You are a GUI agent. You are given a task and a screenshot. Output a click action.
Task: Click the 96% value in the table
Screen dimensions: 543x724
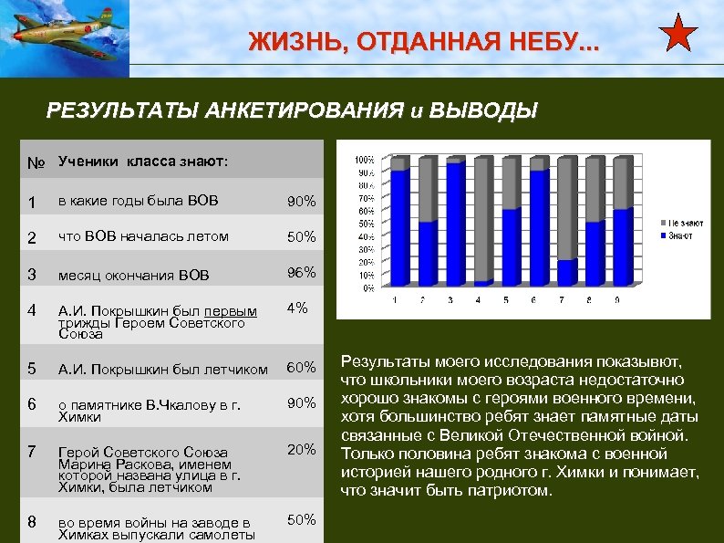pyautogui.click(x=302, y=273)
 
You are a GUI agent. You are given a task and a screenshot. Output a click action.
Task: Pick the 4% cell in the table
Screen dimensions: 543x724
pyautogui.click(x=296, y=308)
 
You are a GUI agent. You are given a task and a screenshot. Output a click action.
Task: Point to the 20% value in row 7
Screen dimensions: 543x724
pyautogui.click(x=302, y=449)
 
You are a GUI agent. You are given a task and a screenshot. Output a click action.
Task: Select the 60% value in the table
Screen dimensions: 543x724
pyautogui.click(x=302, y=368)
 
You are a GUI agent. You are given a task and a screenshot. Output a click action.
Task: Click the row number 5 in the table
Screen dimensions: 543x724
pyautogui.click(x=32, y=369)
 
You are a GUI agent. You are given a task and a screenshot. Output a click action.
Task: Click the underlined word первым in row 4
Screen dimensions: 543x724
pyautogui.click(x=236, y=311)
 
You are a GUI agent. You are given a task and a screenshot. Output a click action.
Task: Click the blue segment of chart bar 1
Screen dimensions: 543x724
pyautogui.click(x=399, y=228)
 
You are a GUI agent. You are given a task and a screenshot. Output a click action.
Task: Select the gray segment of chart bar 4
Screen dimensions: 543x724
pyautogui.click(x=483, y=219)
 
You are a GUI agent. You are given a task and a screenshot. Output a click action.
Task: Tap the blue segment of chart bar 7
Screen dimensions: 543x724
pyautogui.click(x=566, y=273)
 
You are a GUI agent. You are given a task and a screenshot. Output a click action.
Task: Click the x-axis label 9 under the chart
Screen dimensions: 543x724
pyautogui.click(x=620, y=299)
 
